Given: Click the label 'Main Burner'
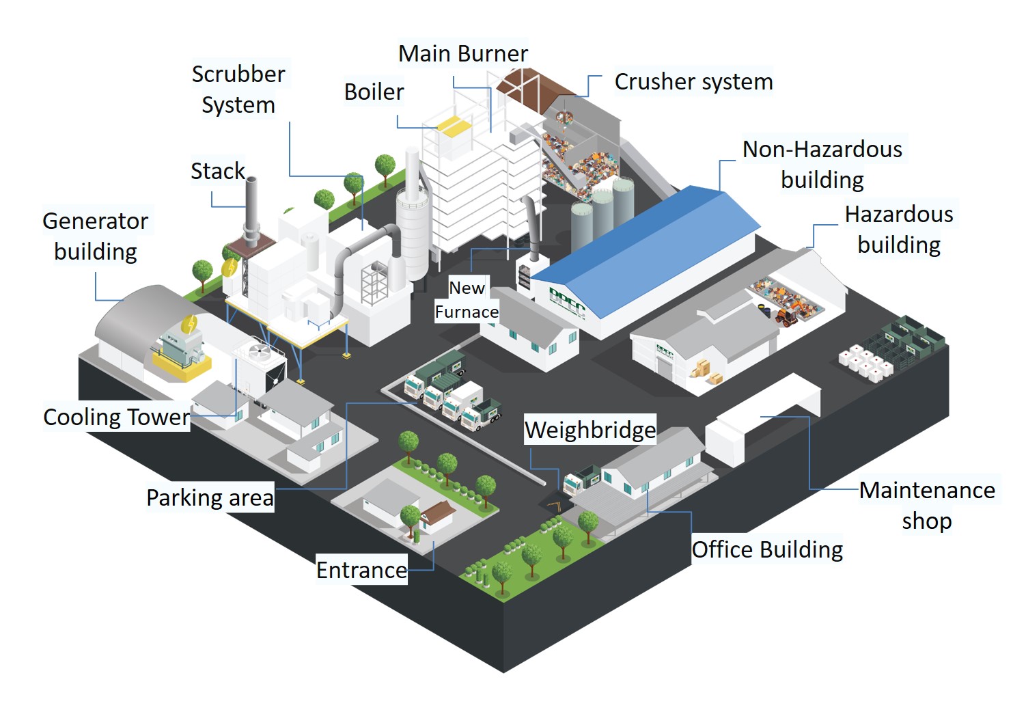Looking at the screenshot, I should click(463, 53).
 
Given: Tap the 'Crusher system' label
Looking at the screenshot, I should click(693, 81).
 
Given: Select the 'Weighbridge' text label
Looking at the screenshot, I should click(590, 430).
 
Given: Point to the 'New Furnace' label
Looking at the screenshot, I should click(467, 300).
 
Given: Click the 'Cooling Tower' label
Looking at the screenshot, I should click(116, 417).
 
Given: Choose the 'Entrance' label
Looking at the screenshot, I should click(361, 570).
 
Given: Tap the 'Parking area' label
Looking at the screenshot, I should click(210, 497).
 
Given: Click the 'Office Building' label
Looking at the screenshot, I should click(767, 549).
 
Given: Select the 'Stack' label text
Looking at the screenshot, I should click(217, 171).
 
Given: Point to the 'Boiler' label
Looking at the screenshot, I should click(374, 92).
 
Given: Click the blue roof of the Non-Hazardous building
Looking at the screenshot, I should click(649, 246).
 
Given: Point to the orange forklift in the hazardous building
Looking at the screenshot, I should click(786, 316).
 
